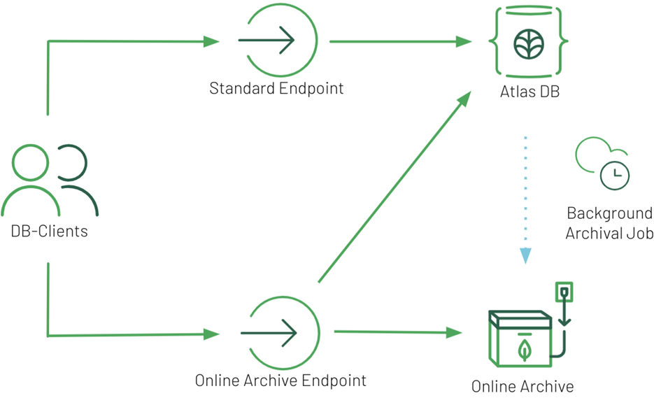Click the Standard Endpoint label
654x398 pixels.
(277, 89)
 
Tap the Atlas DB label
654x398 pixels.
(529, 92)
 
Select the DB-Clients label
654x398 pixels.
(50, 231)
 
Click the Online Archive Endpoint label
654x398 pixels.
(280, 381)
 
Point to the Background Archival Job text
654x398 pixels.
(609, 223)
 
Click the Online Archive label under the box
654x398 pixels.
(523, 386)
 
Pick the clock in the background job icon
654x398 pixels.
(615, 174)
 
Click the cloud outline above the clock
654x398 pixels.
(595, 152)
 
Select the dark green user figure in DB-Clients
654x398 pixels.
(76, 182)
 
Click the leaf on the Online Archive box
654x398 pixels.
(524, 350)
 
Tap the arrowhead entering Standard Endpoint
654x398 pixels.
(211, 41)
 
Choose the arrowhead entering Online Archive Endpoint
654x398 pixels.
(211, 334)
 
